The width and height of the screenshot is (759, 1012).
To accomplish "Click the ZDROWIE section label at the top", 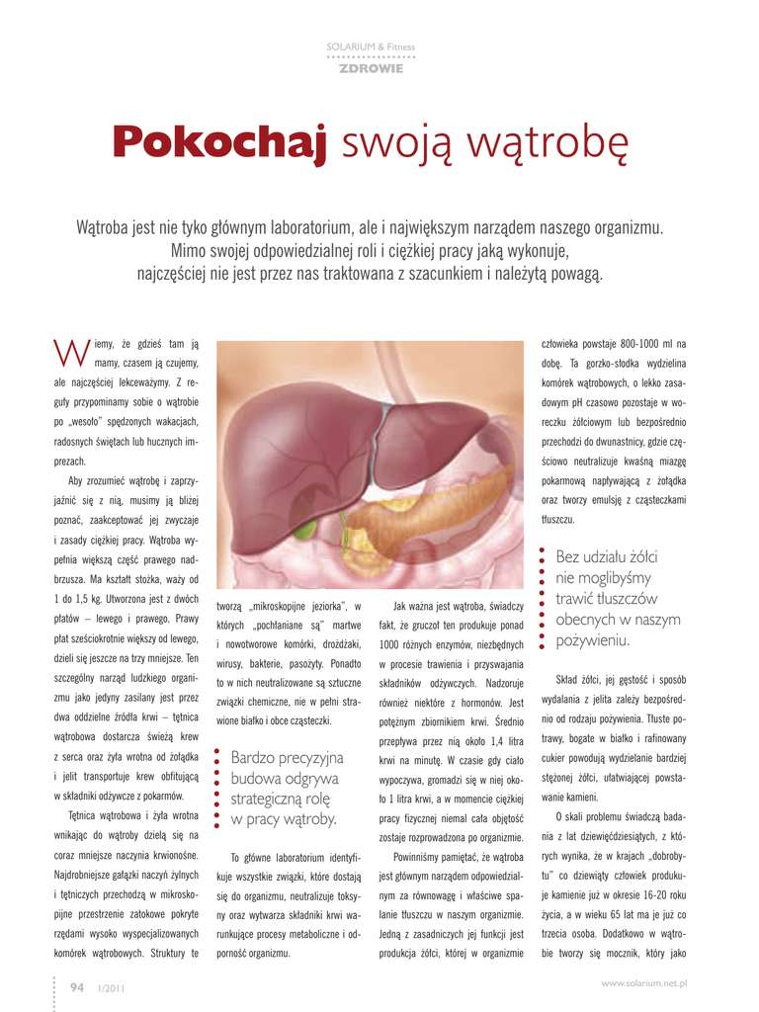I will pos(371,68).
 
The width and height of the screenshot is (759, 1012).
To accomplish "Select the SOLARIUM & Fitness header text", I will pos(371,47).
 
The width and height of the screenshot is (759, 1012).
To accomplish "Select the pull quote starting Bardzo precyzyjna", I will pos(284,788).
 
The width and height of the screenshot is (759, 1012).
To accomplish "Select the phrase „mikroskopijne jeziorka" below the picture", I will pos(292,606).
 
